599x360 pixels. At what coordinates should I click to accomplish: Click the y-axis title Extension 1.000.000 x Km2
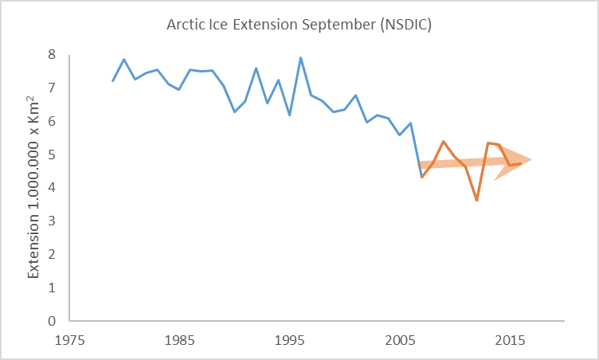34,187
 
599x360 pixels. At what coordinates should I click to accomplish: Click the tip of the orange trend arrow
530,159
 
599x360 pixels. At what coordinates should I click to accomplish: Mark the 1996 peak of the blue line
300,57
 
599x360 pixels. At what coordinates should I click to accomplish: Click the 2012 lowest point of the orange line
476,200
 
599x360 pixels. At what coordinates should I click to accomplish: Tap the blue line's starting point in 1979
113,80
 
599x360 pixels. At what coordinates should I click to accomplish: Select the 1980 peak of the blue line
124,59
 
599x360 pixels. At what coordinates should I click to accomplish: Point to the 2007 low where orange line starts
421,177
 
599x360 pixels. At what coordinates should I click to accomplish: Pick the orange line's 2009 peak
444,141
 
